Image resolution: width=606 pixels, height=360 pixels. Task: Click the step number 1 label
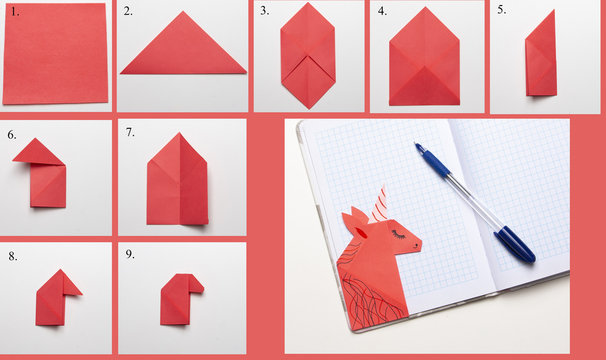pos(15,12)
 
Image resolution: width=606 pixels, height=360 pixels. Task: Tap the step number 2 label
pos(128,11)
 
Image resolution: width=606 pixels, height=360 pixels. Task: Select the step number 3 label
pos(264,11)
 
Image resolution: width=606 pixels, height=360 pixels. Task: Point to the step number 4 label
pos(382,11)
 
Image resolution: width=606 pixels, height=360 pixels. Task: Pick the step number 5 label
pos(501,10)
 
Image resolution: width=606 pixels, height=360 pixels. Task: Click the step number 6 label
pos(12,135)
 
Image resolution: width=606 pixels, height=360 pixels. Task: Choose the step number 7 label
pos(130,132)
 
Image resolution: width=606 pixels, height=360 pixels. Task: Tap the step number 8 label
pos(13,256)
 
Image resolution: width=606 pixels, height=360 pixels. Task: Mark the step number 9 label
pos(130,254)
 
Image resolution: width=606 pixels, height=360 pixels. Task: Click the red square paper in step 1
pos(55,53)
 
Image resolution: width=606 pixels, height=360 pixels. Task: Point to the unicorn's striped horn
pos(378,205)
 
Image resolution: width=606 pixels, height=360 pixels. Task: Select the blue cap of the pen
pos(515,245)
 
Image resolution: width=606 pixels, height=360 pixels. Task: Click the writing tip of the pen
pos(416,144)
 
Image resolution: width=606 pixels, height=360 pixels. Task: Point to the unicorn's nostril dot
pos(416,245)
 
